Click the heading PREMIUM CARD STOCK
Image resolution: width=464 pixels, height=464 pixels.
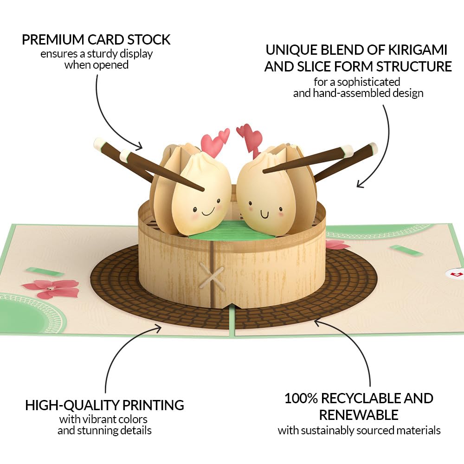pos(96,40)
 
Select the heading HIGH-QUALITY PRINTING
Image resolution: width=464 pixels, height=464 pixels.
pos(104,405)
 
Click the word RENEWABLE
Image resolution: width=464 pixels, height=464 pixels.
pos(358,414)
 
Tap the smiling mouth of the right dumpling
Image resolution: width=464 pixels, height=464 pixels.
pos(265,214)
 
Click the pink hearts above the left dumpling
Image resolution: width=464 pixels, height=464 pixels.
pos(216,142)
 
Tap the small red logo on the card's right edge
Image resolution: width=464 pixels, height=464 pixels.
pos(457,275)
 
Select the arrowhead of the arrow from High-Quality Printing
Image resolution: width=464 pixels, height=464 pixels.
pos(159,327)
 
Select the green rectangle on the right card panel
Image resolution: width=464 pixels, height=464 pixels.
pos(406,251)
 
